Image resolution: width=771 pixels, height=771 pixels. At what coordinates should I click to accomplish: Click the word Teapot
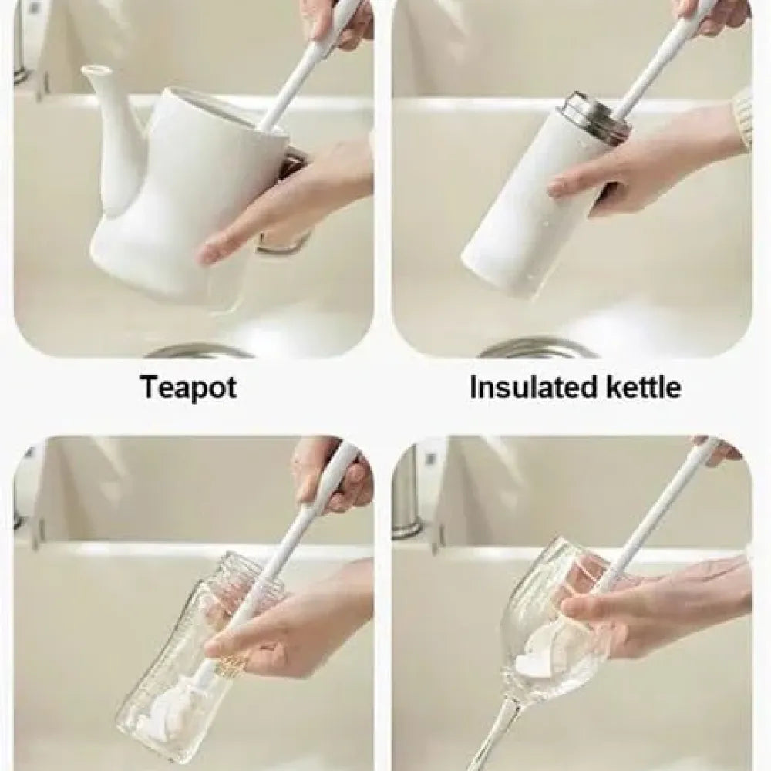click(188, 388)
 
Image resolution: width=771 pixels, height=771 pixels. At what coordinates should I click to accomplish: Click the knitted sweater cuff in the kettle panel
click(742, 116)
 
